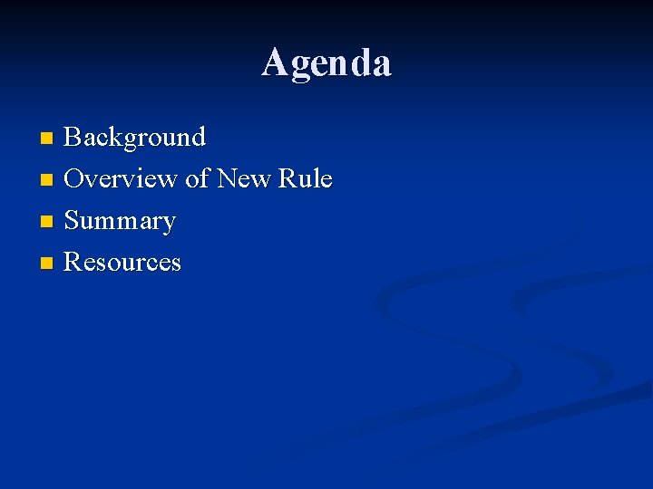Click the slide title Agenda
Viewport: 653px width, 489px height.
point(326,63)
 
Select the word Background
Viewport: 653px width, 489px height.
point(135,138)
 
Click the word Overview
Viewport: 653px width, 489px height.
point(121,179)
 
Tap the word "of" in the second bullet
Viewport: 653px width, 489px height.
point(197,179)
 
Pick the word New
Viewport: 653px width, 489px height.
point(243,179)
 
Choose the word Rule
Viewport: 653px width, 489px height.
point(306,179)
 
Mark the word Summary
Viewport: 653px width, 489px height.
point(120,221)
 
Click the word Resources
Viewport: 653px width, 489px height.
point(122,263)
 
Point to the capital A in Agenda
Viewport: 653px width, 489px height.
point(275,62)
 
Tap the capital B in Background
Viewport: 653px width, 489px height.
point(73,138)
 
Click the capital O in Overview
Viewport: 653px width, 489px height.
point(75,179)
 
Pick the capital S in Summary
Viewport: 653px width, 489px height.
point(72,221)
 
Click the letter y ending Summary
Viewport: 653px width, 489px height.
point(168,224)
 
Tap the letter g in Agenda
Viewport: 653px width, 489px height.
point(301,66)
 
